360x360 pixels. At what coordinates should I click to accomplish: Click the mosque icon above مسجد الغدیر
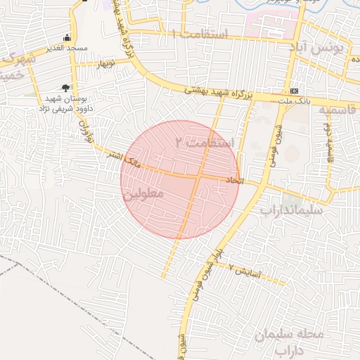[x=67, y=37]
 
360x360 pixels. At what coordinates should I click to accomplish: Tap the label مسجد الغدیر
[x=67, y=47]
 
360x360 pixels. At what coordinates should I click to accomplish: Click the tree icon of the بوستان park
[x=66, y=88]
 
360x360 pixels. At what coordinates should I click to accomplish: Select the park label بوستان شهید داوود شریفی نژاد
[x=65, y=104]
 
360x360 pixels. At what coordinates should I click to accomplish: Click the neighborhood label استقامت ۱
[x=200, y=34]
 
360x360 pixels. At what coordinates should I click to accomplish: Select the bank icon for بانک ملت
[x=294, y=91]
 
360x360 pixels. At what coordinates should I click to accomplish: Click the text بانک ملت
[x=295, y=102]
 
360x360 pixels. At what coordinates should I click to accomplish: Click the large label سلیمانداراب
[x=291, y=210]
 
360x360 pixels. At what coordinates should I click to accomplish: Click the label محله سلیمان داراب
[x=289, y=341]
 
